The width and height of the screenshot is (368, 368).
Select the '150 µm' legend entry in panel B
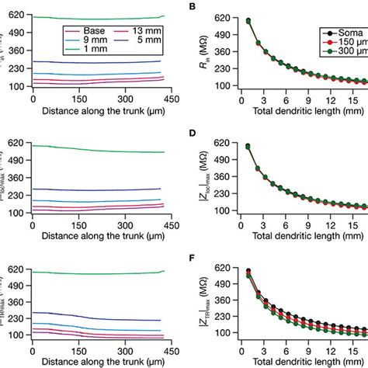pos(346,43)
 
